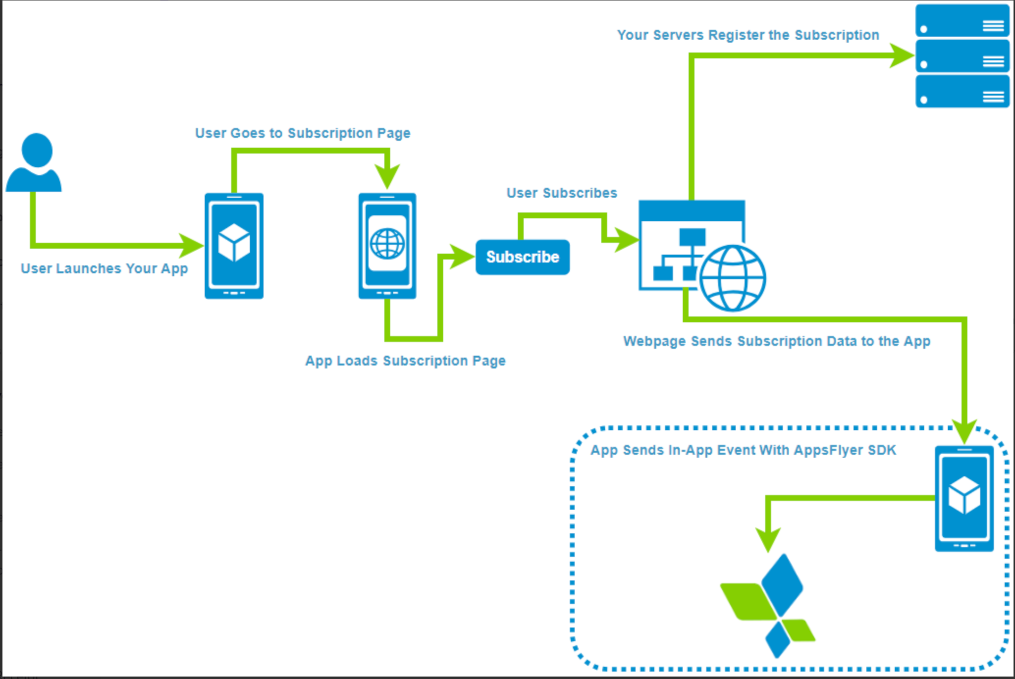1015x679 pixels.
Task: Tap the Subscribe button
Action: click(x=522, y=257)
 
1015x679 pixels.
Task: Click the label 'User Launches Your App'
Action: click(x=104, y=268)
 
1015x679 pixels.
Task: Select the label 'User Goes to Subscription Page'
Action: click(x=302, y=133)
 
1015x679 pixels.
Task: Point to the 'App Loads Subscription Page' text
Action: click(x=405, y=361)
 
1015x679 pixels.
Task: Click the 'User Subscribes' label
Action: click(x=561, y=193)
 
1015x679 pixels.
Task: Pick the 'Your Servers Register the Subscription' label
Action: click(x=748, y=35)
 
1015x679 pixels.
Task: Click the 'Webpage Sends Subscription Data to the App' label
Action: click(x=776, y=341)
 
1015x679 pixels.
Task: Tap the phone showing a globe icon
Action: click(x=387, y=246)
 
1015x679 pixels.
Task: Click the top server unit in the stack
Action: click(x=962, y=20)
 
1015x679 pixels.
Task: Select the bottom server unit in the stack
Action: click(x=962, y=91)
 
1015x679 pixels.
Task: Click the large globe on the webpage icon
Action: click(x=732, y=278)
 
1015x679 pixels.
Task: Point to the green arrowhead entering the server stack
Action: click(x=902, y=55)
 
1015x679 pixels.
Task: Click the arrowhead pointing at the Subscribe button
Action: click(x=462, y=257)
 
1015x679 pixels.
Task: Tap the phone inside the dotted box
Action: click(x=964, y=498)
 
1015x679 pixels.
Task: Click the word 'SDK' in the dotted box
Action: click(x=882, y=450)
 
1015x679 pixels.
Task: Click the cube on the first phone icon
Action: click(x=234, y=243)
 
